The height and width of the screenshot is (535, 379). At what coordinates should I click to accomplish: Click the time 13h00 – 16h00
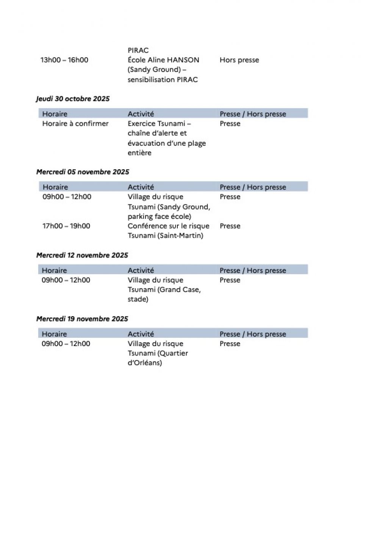pyautogui.click(x=64, y=60)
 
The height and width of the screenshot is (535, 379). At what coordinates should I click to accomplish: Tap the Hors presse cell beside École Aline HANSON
pyautogui.click(x=239, y=60)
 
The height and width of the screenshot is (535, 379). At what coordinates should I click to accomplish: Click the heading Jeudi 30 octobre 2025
pyautogui.click(x=73, y=99)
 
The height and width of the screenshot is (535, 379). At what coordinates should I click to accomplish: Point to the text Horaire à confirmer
pyautogui.click(x=75, y=123)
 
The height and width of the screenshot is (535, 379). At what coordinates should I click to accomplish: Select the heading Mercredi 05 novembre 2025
pyautogui.click(x=83, y=172)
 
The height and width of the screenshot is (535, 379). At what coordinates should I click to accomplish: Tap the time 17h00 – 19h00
pyautogui.click(x=66, y=226)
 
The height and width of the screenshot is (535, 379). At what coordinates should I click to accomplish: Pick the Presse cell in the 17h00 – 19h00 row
pyautogui.click(x=230, y=226)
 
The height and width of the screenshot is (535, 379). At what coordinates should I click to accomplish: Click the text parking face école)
pyautogui.click(x=159, y=217)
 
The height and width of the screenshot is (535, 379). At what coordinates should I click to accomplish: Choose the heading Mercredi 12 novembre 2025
pyautogui.click(x=82, y=255)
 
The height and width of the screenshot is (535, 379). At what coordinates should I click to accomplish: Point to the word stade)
pyautogui.click(x=138, y=299)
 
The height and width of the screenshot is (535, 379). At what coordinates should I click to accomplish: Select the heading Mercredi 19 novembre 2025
pyautogui.click(x=82, y=319)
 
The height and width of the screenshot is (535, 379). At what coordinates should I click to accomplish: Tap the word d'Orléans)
pyautogui.click(x=144, y=363)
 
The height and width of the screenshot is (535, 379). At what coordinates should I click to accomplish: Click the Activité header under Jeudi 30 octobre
pyautogui.click(x=141, y=114)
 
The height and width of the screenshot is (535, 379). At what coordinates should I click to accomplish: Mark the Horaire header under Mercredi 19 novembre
pyautogui.click(x=54, y=334)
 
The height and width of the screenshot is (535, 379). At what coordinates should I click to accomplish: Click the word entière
pyautogui.click(x=139, y=153)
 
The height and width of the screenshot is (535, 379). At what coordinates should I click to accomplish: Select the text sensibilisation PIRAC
pyautogui.click(x=163, y=80)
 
